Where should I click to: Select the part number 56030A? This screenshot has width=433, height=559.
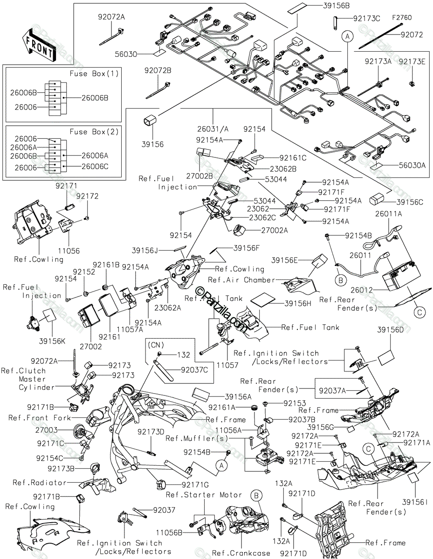(x=412, y=165)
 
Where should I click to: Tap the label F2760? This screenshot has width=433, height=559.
(x=402, y=18)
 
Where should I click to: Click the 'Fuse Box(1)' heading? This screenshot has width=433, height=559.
(x=94, y=74)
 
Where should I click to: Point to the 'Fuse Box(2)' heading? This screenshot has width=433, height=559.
(x=94, y=132)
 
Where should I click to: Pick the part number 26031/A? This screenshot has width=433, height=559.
(x=213, y=129)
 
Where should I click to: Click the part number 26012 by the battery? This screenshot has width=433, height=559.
(x=362, y=290)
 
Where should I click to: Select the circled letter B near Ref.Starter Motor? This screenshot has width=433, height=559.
(x=256, y=495)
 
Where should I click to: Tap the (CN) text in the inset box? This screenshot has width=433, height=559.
(x=156, y=345)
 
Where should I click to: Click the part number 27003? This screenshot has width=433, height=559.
(x=47, y=430)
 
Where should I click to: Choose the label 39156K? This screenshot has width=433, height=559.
(x=52, y=341)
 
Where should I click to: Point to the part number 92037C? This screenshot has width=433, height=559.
(x=194, y=370)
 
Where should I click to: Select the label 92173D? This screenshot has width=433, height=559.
(x=151, y=432)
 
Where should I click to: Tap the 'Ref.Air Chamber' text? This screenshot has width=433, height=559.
(x=241, y=280)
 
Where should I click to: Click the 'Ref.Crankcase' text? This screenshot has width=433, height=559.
(x=241, y=552)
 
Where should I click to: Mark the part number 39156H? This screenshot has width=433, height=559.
(x=298, y=304)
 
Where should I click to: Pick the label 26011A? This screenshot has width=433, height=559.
(x=389, y=214)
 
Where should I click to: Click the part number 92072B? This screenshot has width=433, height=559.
(x=158, y=70)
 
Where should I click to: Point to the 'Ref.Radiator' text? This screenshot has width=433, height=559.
(x=39, y=482)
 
